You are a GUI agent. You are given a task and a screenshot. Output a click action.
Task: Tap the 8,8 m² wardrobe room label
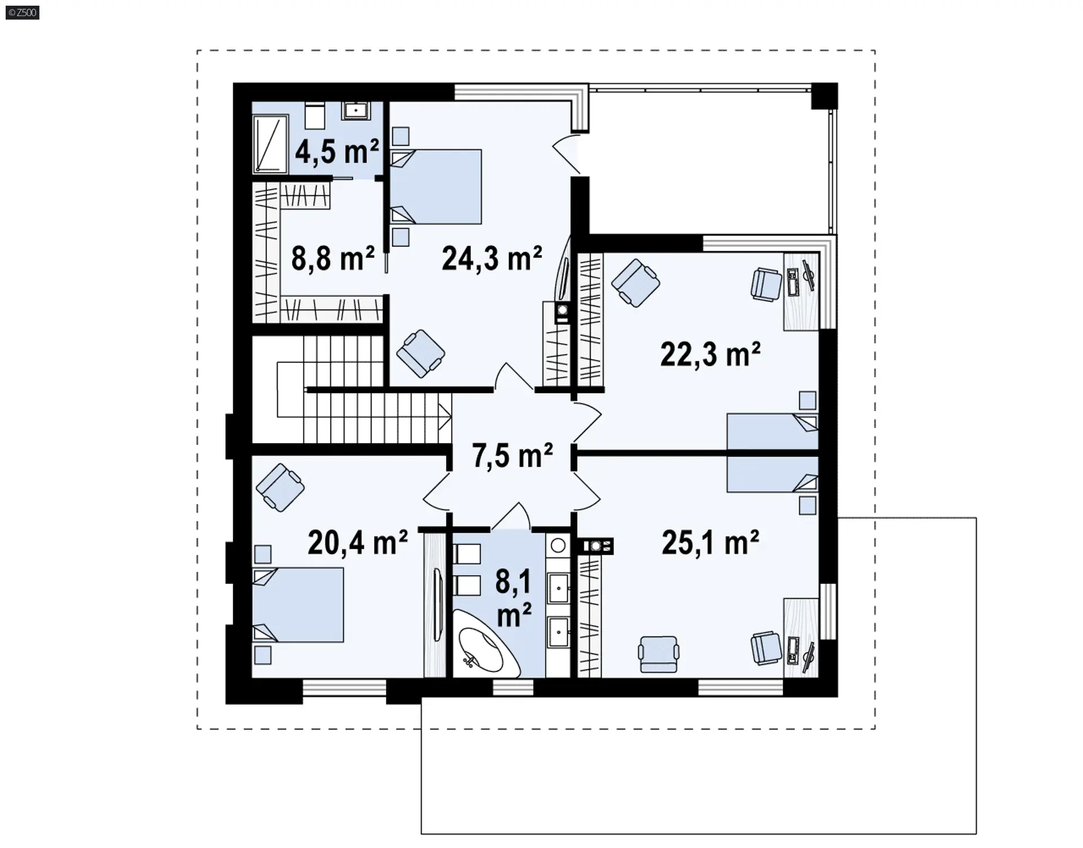pyautogui.click(x=333, y=258)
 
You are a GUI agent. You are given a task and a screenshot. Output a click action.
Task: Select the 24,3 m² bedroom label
pyautogui.click(x=492, y=258)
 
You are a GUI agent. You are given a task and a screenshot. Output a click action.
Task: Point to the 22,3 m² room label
pyautogui.click(x=710, y=354)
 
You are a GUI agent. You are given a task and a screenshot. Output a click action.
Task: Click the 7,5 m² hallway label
pyautogui.click(x=512, y=455)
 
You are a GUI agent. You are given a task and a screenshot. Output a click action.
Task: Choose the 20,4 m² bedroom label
pyautogui.click(x=358, y=543)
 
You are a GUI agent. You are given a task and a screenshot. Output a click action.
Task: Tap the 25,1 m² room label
pyautogui.click(x=710, y=543)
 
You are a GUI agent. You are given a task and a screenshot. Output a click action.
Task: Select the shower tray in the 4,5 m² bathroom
pyautogui.click(x=270, y=143)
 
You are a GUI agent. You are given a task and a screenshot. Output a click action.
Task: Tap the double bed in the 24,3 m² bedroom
pyautogui.click(x=436, y=187)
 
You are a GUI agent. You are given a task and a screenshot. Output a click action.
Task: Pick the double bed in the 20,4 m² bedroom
pyautogui.click(x=297, y=605)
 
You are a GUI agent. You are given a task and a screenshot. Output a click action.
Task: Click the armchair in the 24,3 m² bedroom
pyautogui.click(x=421, y=353)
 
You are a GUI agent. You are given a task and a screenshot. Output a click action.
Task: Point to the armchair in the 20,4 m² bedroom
pyautogui.click(x=280, y=488)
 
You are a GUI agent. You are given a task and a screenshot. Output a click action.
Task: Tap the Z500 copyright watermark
pyautogui.click(x=23, y=12)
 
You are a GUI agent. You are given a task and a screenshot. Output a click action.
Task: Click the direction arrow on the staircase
pyautogui.click(x=445, y=419)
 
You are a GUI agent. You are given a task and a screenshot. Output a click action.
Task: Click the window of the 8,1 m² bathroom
pyautogui.click(x=513, y=687)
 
